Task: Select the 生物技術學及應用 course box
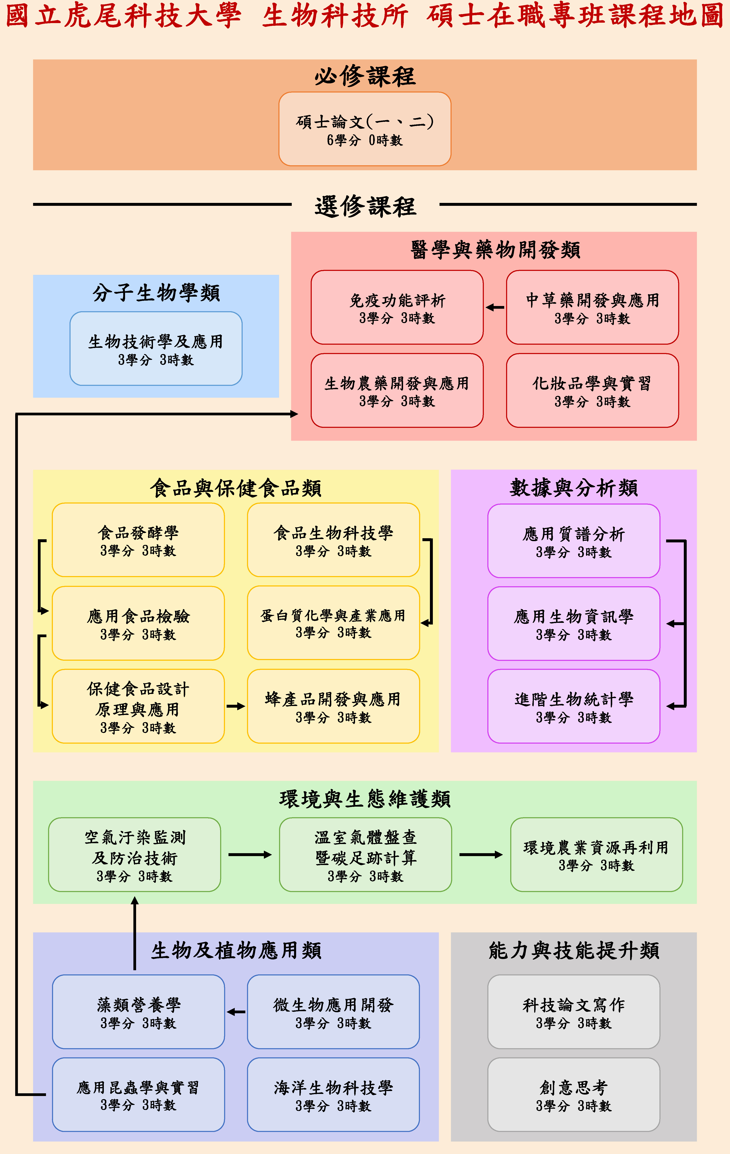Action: [156, 348]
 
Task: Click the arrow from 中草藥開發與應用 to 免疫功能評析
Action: [495, 307]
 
